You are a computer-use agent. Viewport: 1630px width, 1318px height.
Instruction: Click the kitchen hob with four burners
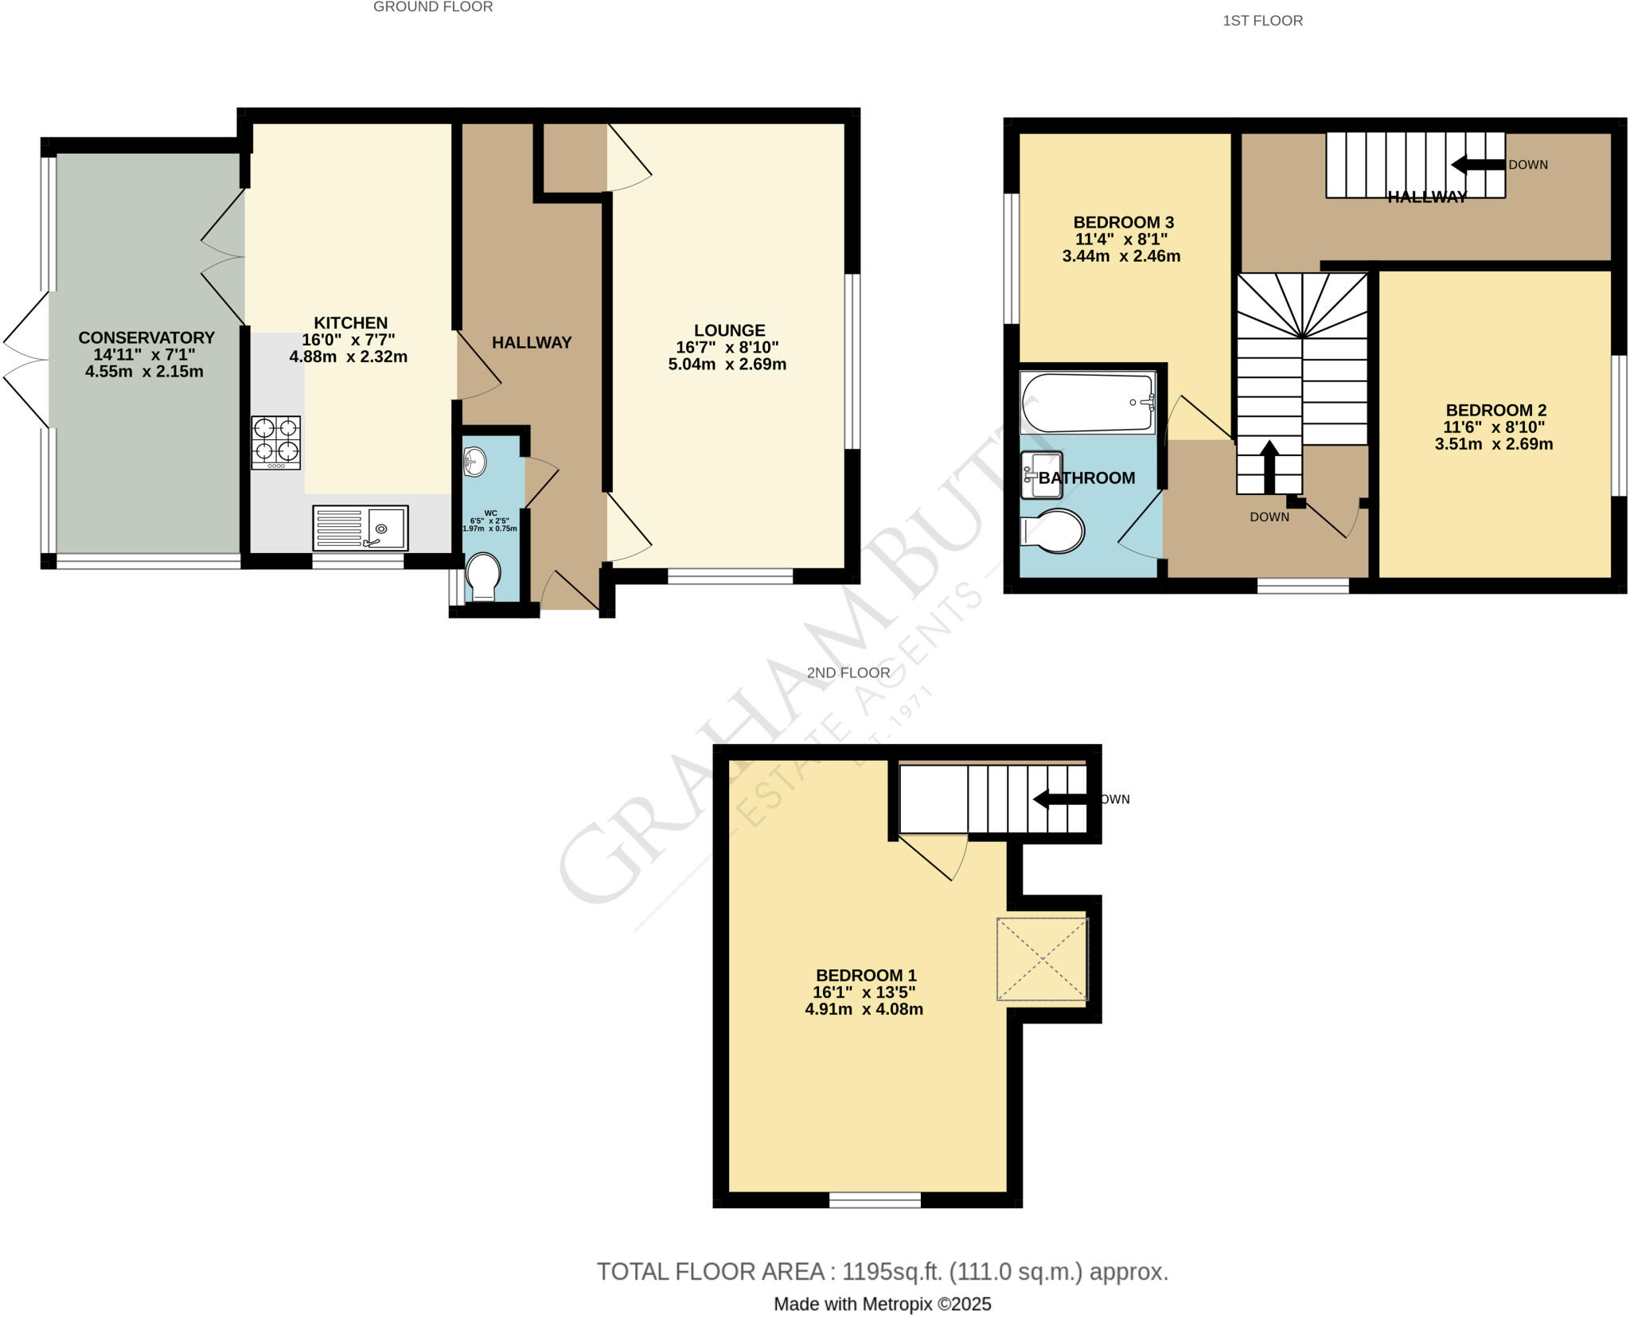click(x=276, y=443)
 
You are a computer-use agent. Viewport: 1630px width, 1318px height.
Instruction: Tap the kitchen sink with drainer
click(x=361, y=528)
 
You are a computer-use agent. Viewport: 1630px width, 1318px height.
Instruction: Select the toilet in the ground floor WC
click(x=483, y=576)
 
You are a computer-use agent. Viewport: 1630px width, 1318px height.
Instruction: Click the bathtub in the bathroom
click(x=1088, y=404)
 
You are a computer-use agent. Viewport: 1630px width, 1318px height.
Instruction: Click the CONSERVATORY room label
click(x=146, y=337)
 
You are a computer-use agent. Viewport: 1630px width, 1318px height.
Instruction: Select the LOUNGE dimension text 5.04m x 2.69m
click(x=727, y=365)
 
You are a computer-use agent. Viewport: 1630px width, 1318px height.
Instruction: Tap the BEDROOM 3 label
click(x=1123, y=222)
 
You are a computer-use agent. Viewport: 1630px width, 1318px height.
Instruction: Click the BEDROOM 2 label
click(x=1495, y=410)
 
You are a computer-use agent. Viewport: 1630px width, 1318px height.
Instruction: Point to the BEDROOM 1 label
click(x=866, y=975)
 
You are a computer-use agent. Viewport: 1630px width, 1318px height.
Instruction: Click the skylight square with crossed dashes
click(x=1042, y=959)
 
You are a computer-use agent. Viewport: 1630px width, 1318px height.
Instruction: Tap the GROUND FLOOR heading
click(x=433, y=7)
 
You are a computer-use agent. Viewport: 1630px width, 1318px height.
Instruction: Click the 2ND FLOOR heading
click(x=848, y=673)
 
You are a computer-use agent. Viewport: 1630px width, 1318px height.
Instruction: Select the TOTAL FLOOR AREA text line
click(x=883, y=1272)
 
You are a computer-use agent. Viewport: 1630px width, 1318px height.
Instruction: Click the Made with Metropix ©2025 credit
click(x=883, y=1304)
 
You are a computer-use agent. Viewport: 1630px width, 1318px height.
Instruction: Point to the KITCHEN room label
click(x=350, y=322)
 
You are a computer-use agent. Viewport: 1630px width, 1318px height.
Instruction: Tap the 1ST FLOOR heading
click(x=1262, y=21)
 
